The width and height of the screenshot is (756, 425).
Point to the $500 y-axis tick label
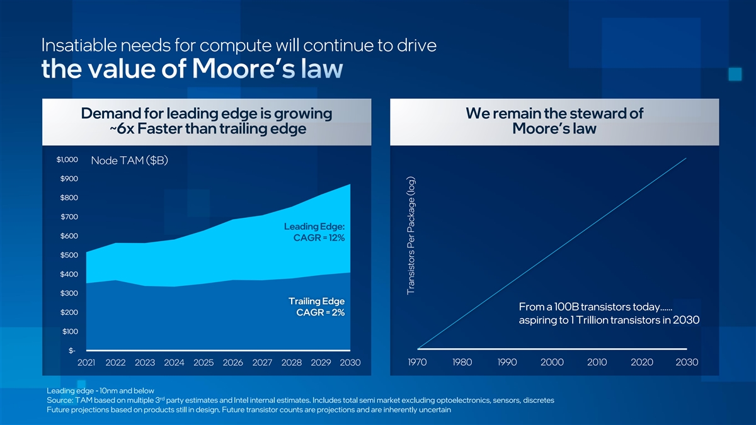tap(69, 255)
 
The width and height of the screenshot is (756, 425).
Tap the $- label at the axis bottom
tap(72, 351)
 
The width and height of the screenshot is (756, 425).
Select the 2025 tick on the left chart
tap(203, 363)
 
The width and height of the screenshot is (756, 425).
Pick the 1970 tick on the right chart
tap(418, 363)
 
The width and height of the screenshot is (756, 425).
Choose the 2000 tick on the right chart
tap(552, 363)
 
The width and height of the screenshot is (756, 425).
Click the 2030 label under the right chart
tap(687, 363)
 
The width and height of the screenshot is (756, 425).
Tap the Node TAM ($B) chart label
tap(129, 161)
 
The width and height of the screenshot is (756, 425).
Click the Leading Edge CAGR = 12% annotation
tap(314, 232)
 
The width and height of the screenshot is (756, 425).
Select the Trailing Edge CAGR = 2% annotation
tap(316, 307)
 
